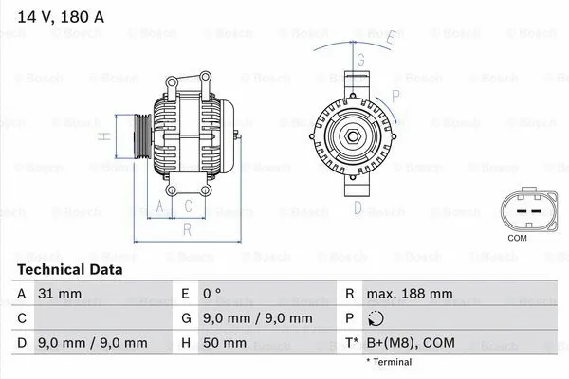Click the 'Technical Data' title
70,270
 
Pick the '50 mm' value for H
227,342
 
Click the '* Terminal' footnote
389,362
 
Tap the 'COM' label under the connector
518,238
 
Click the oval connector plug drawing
518,209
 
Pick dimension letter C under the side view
189,205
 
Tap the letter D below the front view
358,207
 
